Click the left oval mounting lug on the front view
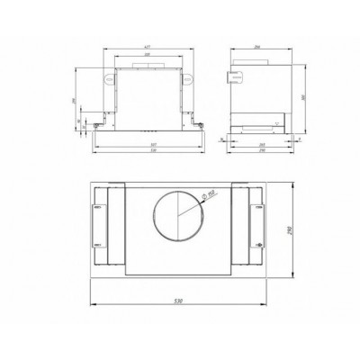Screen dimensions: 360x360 point(108,79)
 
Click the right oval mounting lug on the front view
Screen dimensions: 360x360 point(191,79)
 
